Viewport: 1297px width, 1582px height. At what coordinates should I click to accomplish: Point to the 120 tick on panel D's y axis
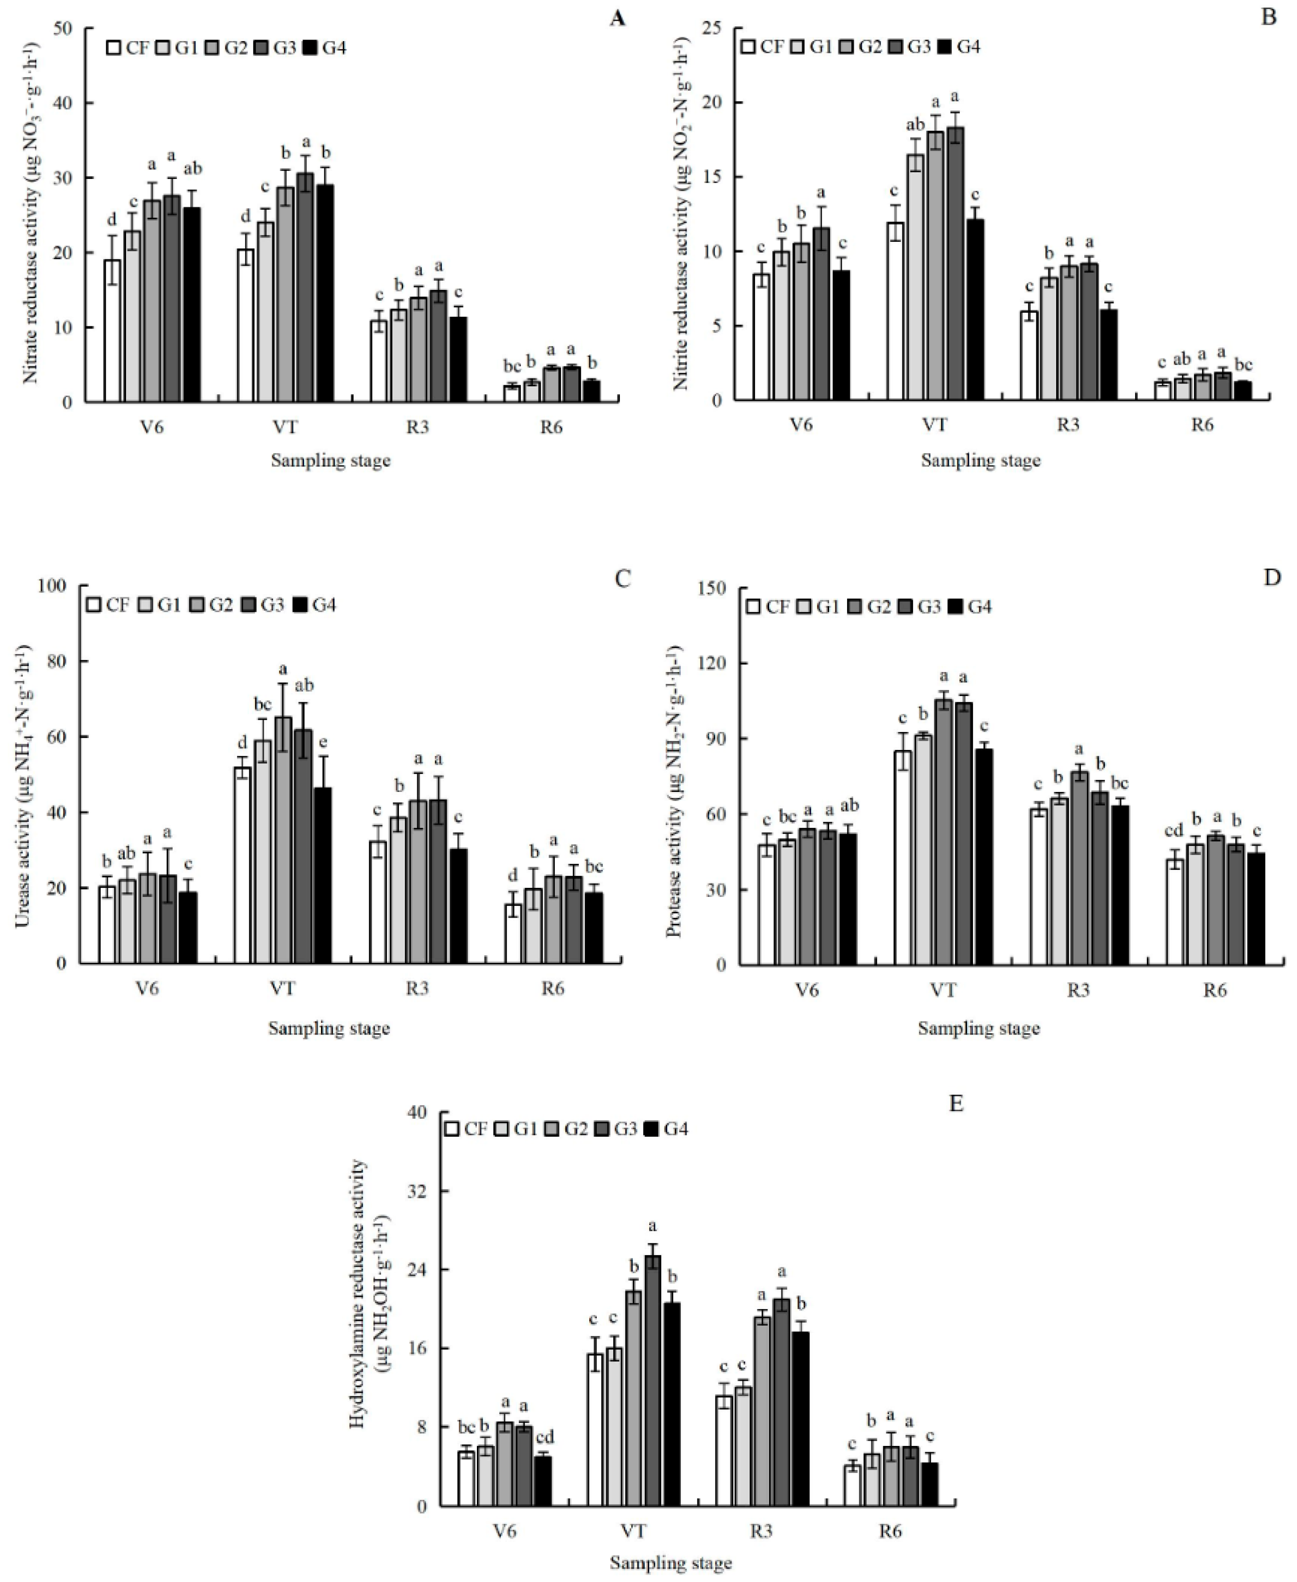tap(711, 663)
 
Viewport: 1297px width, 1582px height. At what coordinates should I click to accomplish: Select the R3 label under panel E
tap(761, 1531)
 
